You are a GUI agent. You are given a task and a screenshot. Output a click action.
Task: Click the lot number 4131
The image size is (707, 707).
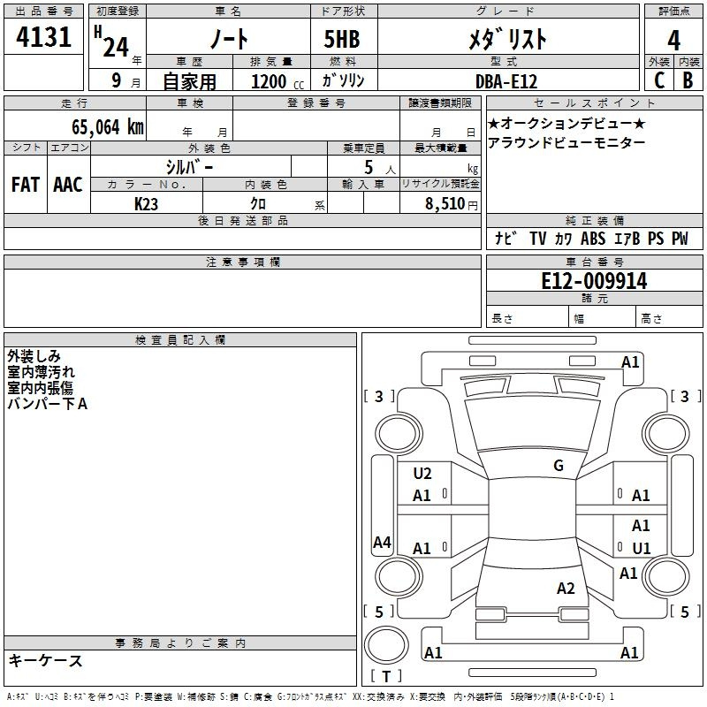(x=43, y=37)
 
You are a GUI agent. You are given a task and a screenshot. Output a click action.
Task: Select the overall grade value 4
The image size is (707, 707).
(x=673, y=41)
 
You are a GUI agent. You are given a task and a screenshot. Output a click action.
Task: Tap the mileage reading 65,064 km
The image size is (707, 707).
(x=108, y=126)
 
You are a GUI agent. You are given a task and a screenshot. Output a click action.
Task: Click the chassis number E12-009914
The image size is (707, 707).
(x=594, y=281)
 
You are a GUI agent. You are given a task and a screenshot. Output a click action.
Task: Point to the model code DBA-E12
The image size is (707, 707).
(x=506, y=81)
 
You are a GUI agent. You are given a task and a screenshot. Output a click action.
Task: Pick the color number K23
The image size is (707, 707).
(x=146, y=204)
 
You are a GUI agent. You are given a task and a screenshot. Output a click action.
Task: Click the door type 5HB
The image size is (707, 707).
(x=342, y=39)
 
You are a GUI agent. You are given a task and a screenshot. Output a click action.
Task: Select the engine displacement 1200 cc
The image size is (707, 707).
(x=277, y=81)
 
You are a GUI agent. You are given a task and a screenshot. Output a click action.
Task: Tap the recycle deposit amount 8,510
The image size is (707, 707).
(x=445, y=203)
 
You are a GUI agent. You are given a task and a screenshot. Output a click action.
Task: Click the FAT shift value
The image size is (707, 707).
(x=26, y=185)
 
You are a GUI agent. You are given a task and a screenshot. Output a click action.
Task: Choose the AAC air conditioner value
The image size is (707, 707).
(x=68, y=185)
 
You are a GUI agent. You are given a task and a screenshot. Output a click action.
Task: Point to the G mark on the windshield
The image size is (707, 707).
(x=559, y=465)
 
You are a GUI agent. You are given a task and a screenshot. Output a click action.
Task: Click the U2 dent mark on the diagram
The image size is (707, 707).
(x=422, y=474)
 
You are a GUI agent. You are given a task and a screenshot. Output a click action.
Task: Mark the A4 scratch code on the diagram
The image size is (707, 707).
(x=382, y=542)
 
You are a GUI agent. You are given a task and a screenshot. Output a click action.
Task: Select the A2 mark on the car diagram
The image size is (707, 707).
(x=566, y=588)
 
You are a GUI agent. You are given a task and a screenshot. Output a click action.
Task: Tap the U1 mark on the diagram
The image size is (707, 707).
(x=642, y=548)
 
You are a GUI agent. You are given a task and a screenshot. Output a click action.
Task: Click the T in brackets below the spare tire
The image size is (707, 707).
(x=386, y=676)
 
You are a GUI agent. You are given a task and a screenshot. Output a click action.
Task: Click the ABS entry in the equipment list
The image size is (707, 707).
(x=593, y=238)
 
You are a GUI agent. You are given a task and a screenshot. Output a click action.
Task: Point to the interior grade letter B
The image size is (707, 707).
(x=688, y=80)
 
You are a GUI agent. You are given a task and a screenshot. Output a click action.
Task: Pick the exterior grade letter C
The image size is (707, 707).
(x=659, y=80)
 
